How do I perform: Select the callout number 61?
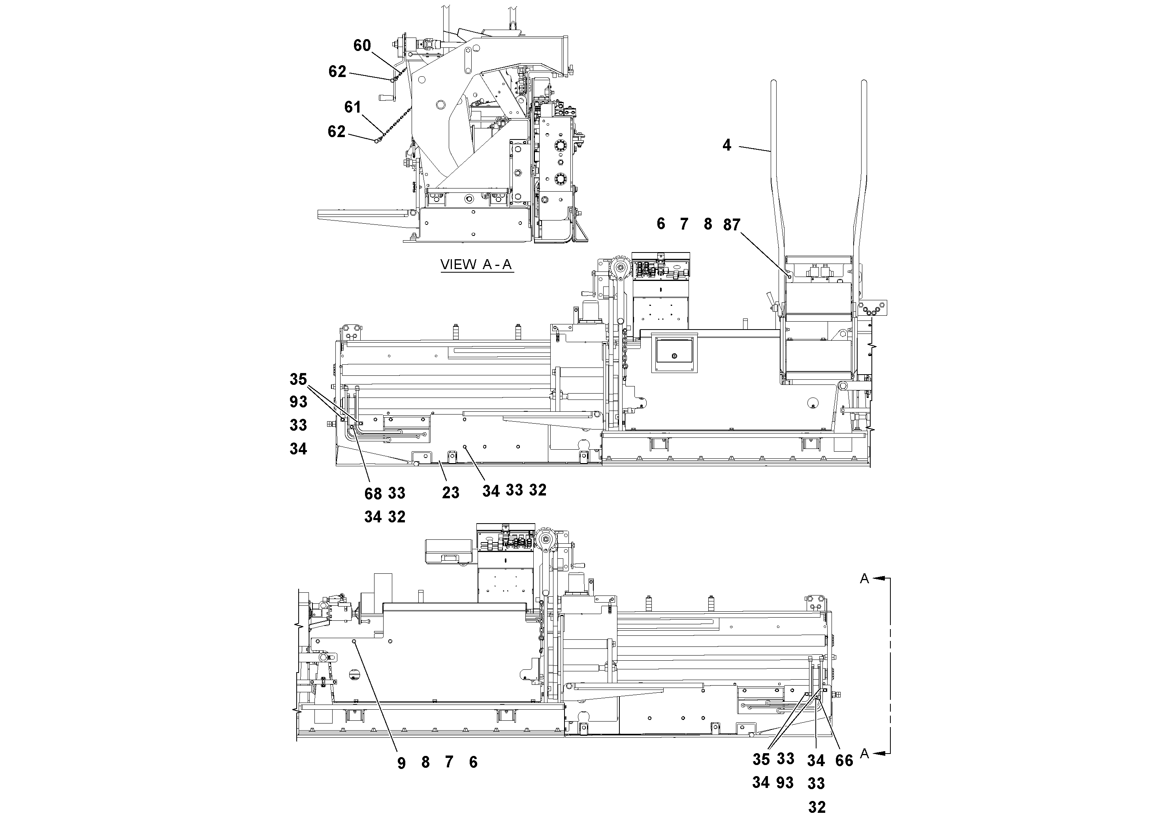352,107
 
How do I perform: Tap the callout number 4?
726,145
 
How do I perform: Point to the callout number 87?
732,225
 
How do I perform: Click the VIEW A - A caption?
476,265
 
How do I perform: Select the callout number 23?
451,493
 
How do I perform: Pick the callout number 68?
373,494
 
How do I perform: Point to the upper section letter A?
865,579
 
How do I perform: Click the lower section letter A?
865,754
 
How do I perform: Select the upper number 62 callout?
337,72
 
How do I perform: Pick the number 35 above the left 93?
298,380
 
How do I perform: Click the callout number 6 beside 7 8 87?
661,224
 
